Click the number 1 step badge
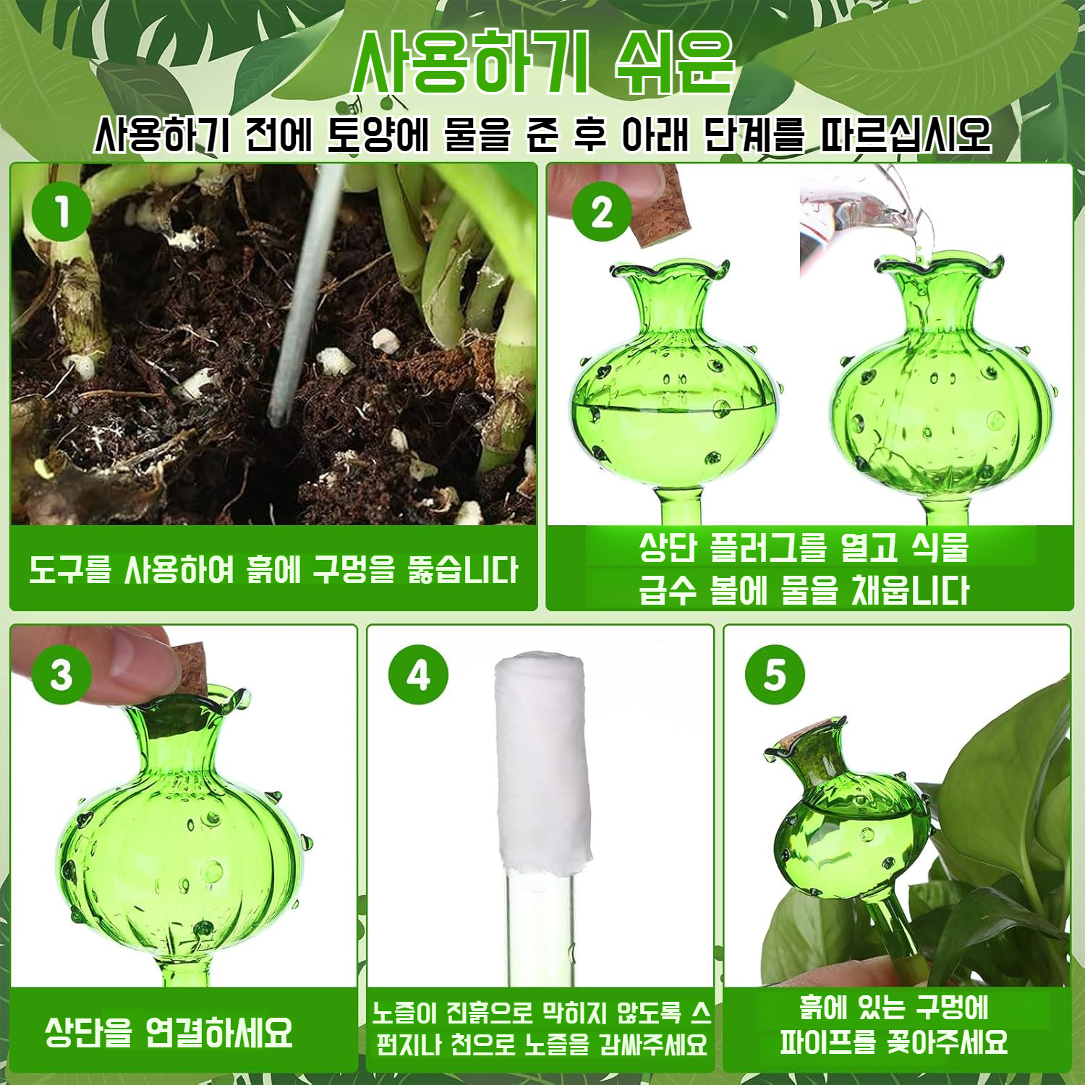coord(62,212)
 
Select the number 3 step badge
coord(61,675)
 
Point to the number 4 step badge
coord(419,675)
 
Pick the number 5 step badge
coord(775,675)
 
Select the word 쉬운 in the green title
coord(675,62)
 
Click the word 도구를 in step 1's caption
coord(70,570)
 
